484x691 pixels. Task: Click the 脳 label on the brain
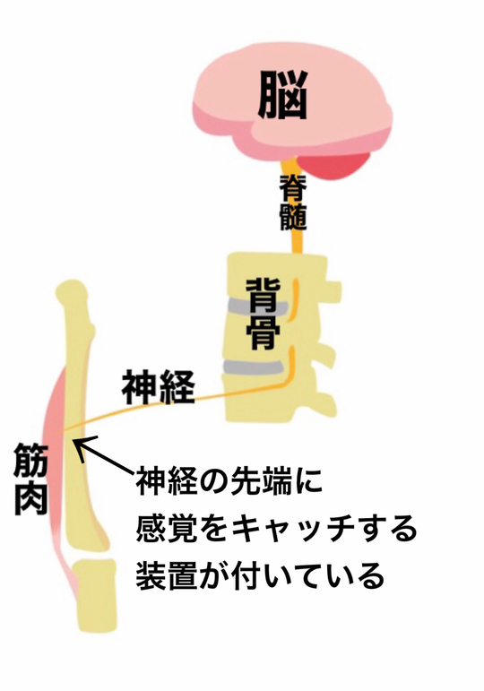click(x=282, y=96)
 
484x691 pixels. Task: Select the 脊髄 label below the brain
click(x=293, y=203)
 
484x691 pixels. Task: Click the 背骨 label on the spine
click(x=264, y=314)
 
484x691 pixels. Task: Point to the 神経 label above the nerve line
click(x=159, y=387)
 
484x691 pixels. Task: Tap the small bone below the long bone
click(x=96, y=596)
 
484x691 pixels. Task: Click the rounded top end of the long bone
click(x=73, y=293)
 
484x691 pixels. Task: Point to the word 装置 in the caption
click(x=166, y=576)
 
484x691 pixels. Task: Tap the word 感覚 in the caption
click(x=166, y=529)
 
